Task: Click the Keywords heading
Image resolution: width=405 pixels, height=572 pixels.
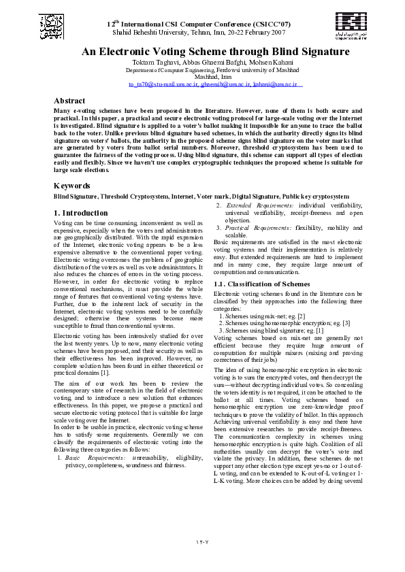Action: tap(71, 185)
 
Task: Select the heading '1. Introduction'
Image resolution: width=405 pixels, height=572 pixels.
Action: tap(80, 213)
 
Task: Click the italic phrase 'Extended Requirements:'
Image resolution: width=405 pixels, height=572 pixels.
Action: tap(260, 205)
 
